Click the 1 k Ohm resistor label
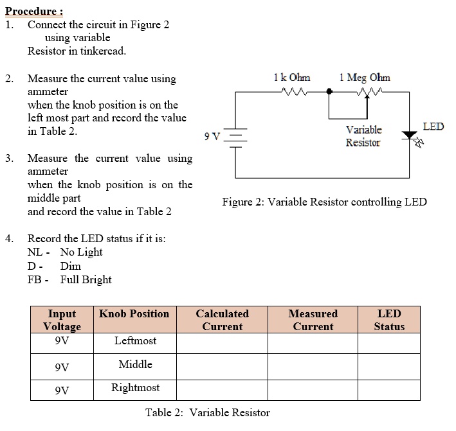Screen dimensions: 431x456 point(291,78)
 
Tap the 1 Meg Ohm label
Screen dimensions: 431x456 point(364,78)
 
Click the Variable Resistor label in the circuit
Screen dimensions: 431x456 point(363,136)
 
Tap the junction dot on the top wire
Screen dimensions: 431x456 point(329,92)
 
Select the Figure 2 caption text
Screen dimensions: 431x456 point(324,202)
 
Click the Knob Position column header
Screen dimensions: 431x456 point(134,313)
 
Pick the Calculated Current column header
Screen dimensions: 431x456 point(222,320)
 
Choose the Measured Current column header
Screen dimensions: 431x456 point(313,320)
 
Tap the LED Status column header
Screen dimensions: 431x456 point(389,320)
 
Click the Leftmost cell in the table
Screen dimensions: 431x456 point(135,341)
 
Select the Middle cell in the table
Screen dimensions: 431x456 point(135,365)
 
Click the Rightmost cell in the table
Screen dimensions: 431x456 point(135,388)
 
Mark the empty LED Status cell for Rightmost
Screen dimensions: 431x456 point(389,389)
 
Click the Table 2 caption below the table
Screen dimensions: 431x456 point(208,412)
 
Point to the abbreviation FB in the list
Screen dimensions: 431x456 point(35,279)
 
